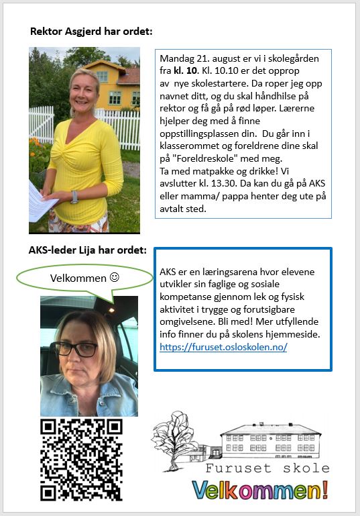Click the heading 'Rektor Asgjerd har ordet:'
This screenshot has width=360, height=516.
coord(91,32)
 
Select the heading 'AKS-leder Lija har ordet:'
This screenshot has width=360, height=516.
coord(87,250)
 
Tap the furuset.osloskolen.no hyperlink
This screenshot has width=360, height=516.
coord(223,347)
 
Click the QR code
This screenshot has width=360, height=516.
coord(81,459)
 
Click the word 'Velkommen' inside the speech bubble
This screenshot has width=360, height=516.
coord(78,278)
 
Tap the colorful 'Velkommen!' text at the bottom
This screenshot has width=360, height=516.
coord(260,490)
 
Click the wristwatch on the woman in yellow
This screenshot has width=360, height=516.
coord(74,196)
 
